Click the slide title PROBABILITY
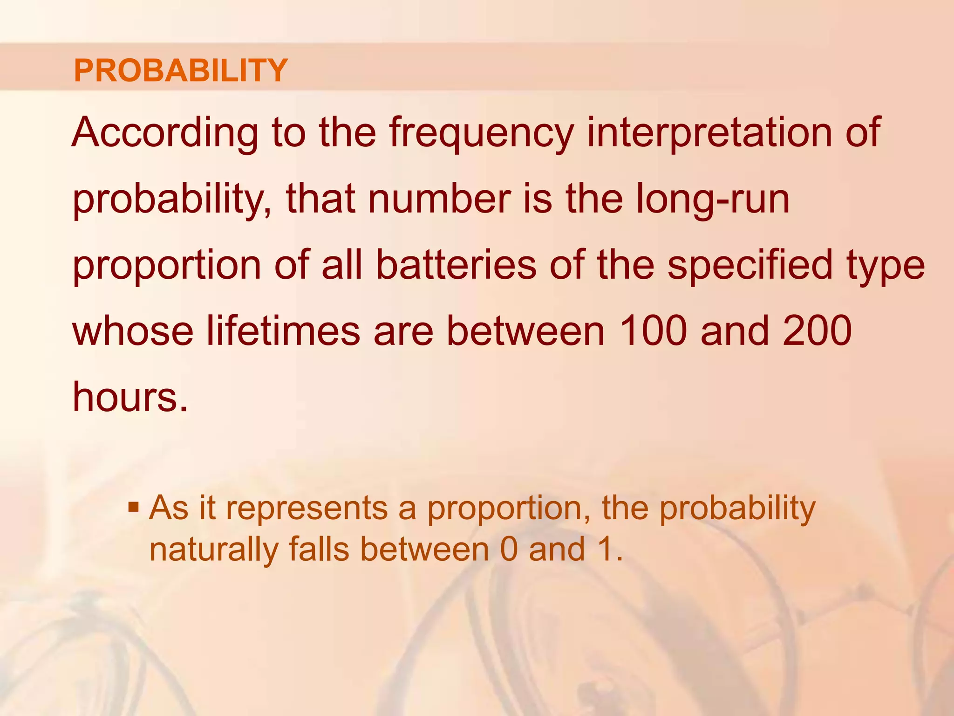coord(181,70)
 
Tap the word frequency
coord(481,134)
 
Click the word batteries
coord(456,265)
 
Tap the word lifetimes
coord(283,331)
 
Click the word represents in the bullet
coord(307,509)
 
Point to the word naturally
coord(213,550)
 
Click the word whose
coord(133,331)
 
